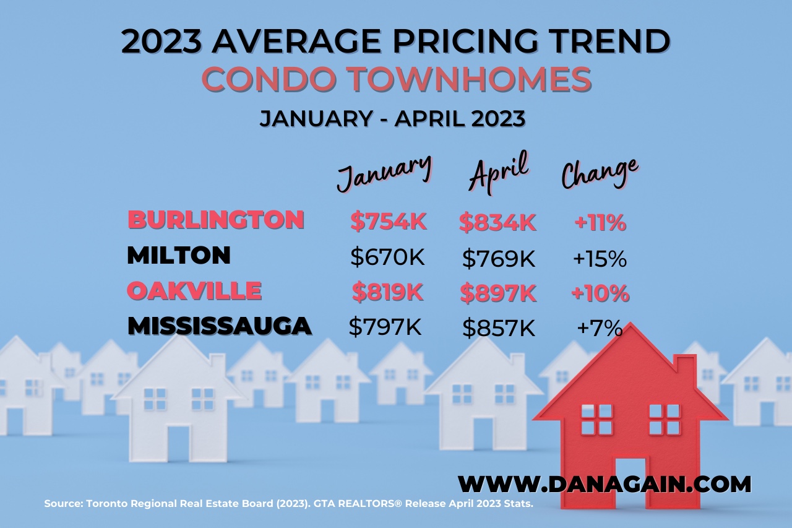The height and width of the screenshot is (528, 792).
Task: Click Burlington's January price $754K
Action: [388, 222]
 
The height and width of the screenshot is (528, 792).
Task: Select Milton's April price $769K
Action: [498, 259]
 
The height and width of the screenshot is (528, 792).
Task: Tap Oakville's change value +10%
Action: [600, 293]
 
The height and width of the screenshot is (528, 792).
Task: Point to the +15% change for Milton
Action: [600, 259]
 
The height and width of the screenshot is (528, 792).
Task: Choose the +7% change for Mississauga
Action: [599, 329]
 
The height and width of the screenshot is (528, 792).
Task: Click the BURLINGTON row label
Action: [216, 220]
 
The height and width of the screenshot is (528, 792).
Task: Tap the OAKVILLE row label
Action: [194, 291]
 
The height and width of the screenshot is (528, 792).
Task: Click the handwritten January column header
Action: [384, 171]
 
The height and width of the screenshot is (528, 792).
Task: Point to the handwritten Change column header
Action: [599, 171]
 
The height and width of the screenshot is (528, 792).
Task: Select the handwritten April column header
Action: [499, 169]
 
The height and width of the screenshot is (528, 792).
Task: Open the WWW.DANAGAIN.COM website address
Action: [605, 483]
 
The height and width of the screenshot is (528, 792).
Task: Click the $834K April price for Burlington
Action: [497, 222]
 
